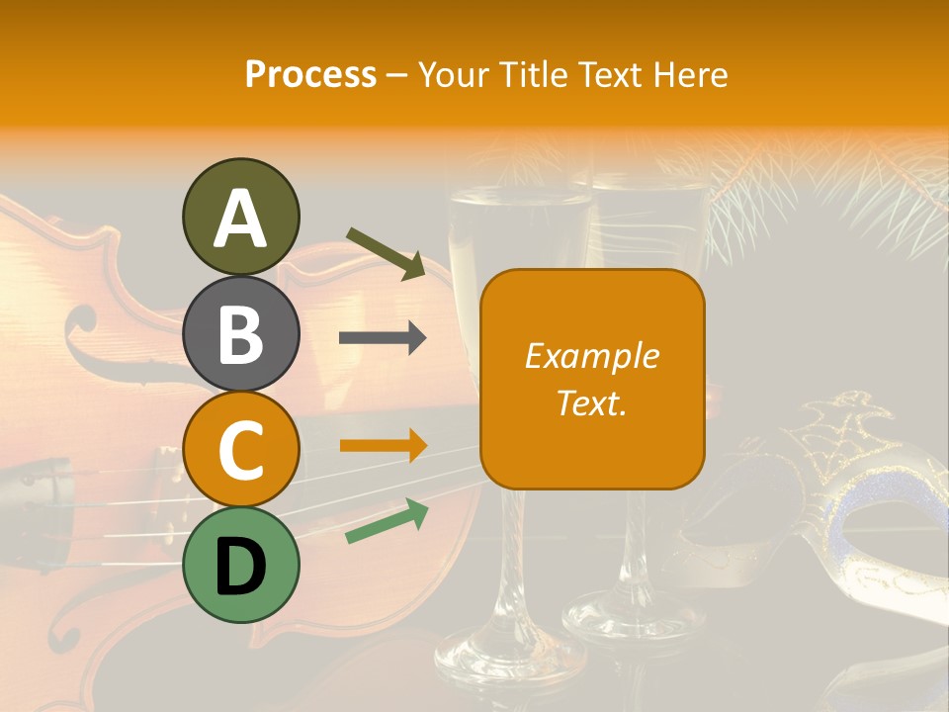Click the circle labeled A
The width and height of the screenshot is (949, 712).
pos(240,217)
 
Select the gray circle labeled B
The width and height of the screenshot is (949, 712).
pos(240,333)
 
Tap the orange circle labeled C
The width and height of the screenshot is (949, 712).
pos(240,450)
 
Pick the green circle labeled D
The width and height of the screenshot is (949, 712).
pos(240,565)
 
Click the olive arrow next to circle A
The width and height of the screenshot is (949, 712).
pos(387,253)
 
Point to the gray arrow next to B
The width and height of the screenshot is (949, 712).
pos(383,338)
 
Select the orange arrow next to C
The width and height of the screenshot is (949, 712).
pos(383,445)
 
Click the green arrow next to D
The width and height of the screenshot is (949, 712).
pos(387,521)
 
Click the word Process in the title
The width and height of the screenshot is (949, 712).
pos(310,74)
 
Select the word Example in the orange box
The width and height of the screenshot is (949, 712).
pos(591,356)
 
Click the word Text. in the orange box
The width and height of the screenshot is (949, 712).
pos(591,402)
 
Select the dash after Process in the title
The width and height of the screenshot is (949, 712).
pos(396,76)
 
